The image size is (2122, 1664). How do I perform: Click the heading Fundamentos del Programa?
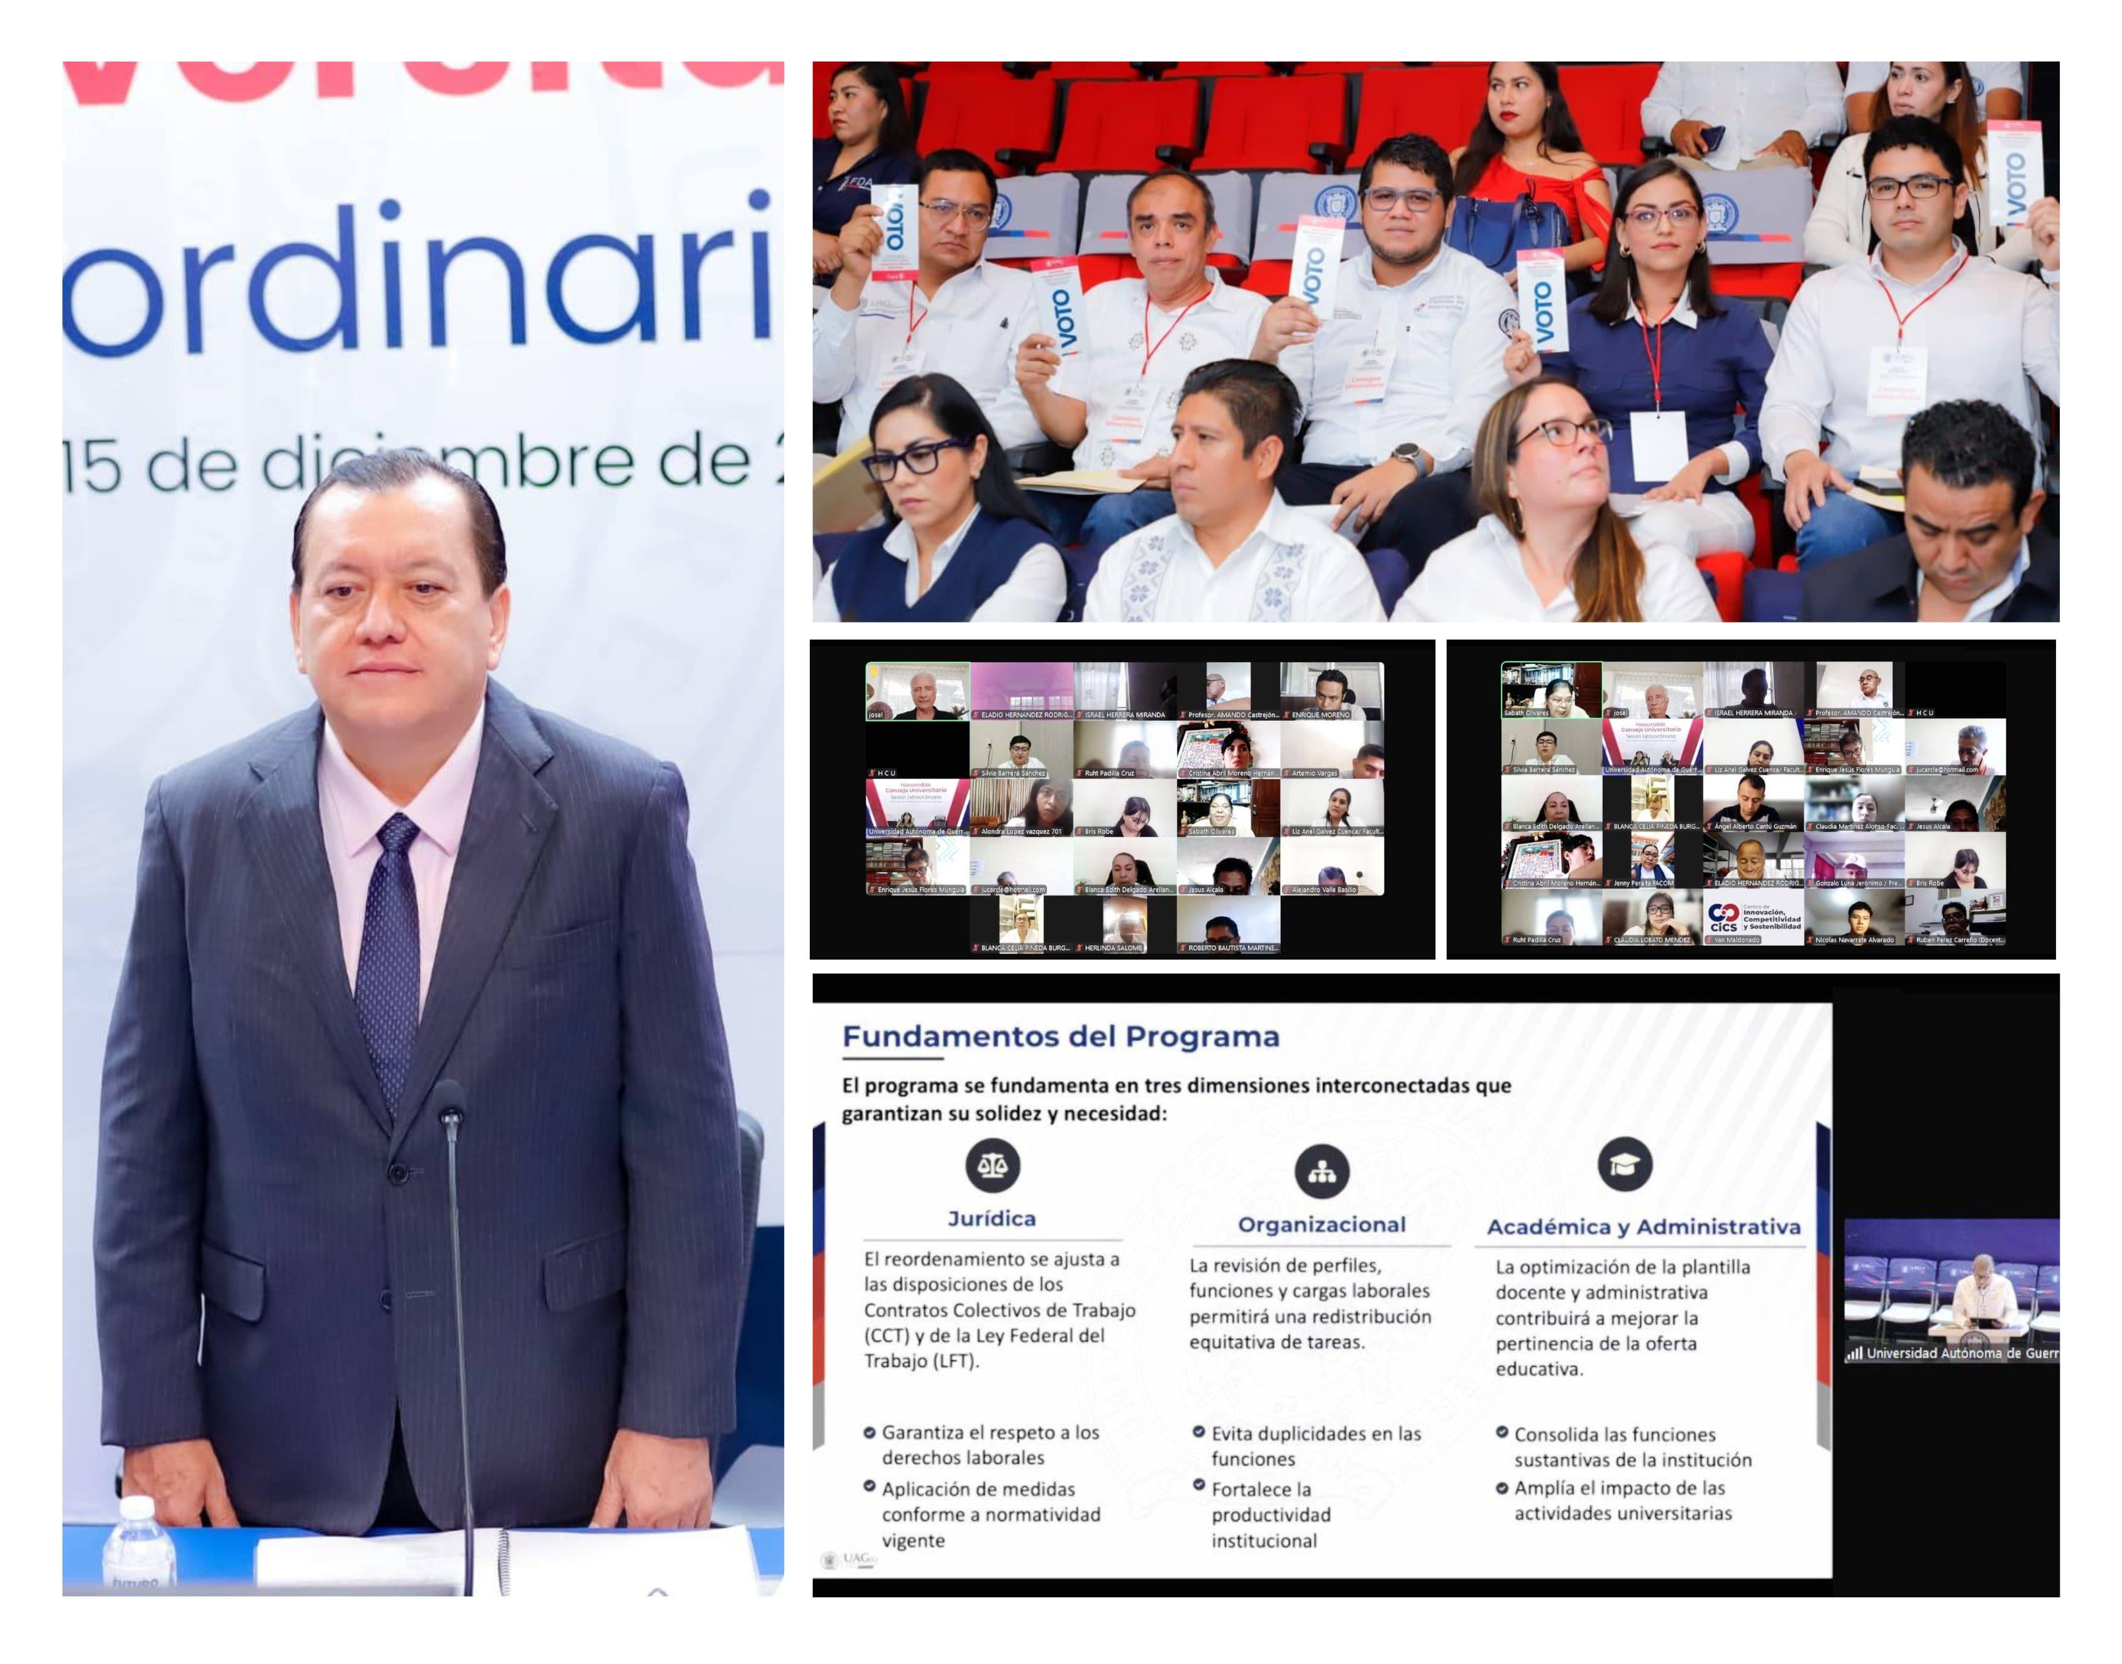1059,1036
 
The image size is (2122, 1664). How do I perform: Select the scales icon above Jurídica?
992,1165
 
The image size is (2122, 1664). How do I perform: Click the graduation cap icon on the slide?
1625,1164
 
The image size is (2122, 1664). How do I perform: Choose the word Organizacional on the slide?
1320,1224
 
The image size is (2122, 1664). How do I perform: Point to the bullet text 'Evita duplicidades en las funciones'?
1315,1446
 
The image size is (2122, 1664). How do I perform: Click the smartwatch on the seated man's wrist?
1405,455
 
